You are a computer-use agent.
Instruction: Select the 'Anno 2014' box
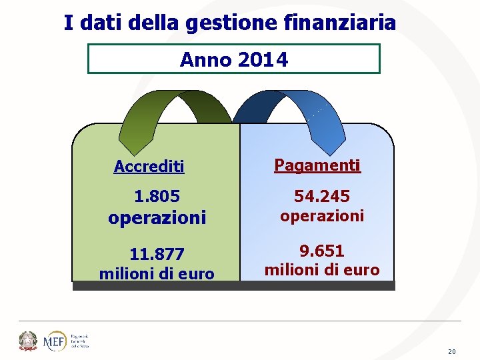click(233, 59)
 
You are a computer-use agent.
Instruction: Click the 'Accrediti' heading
click(149, 167)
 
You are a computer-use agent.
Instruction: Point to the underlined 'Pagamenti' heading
click(317, 165)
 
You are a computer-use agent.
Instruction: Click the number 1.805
click(157, 197)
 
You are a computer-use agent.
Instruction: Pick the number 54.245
click(322, 196)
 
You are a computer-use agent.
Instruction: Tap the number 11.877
click(157, 255)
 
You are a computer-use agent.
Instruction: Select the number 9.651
click(322, 251)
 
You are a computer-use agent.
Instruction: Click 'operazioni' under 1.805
click(157, 218)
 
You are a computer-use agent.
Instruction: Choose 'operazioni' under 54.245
click(322, 216)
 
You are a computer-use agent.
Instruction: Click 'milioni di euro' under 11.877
click(157, 273)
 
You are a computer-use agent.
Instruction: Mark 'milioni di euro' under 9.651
click(322, 270)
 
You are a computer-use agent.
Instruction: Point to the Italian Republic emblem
click(28, 341)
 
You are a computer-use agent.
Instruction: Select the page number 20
click(452, 351)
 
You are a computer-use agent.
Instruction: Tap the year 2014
click(263, 60)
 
